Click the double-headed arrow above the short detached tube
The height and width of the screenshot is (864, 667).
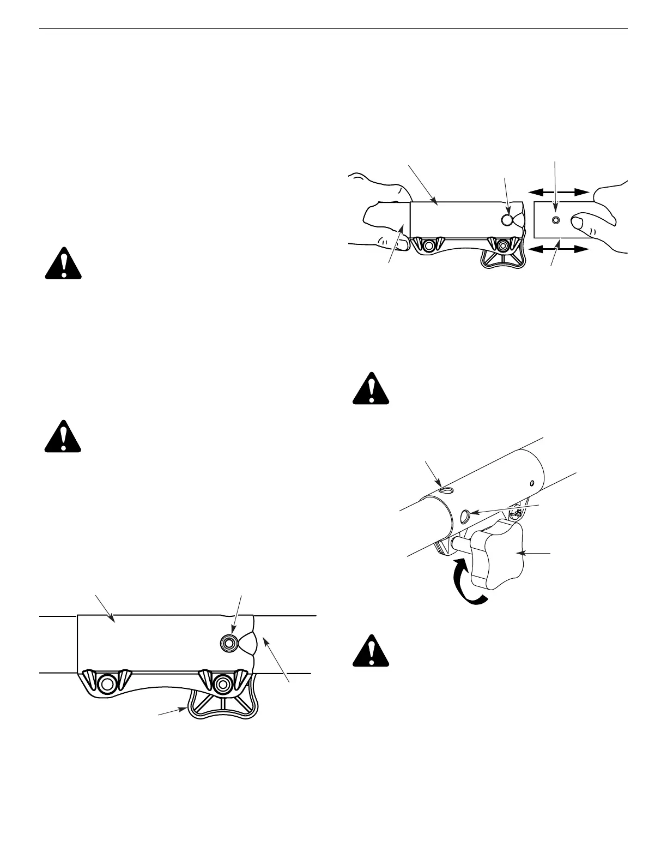coord(559,191)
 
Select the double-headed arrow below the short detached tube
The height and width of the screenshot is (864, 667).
coord(559,249)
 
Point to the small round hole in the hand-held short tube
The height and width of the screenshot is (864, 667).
coord(555,220)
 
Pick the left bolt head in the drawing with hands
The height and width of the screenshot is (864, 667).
coord(429,247)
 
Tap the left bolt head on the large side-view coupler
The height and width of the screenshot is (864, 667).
coord(107,683)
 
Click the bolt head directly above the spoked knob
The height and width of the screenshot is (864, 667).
coord(222,682)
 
